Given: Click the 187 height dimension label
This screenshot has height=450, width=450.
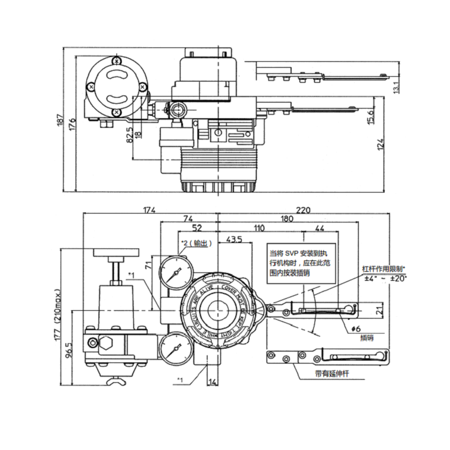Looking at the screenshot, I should (x=59, y=121).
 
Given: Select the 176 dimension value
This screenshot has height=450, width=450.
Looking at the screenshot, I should (x=72, y=124).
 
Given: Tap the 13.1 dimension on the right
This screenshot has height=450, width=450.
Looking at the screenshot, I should (x=395, y=86).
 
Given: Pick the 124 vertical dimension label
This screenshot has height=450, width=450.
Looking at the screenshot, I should (x=381, y=145).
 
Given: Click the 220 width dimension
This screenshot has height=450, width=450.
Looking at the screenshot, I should (x=304, y=210).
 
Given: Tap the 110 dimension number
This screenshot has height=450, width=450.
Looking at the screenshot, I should (x=259, y=229).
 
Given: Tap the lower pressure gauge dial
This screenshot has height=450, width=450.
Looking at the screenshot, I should (x=175, y=350).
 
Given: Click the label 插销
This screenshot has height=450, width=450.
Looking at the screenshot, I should (x=367, y=338).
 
